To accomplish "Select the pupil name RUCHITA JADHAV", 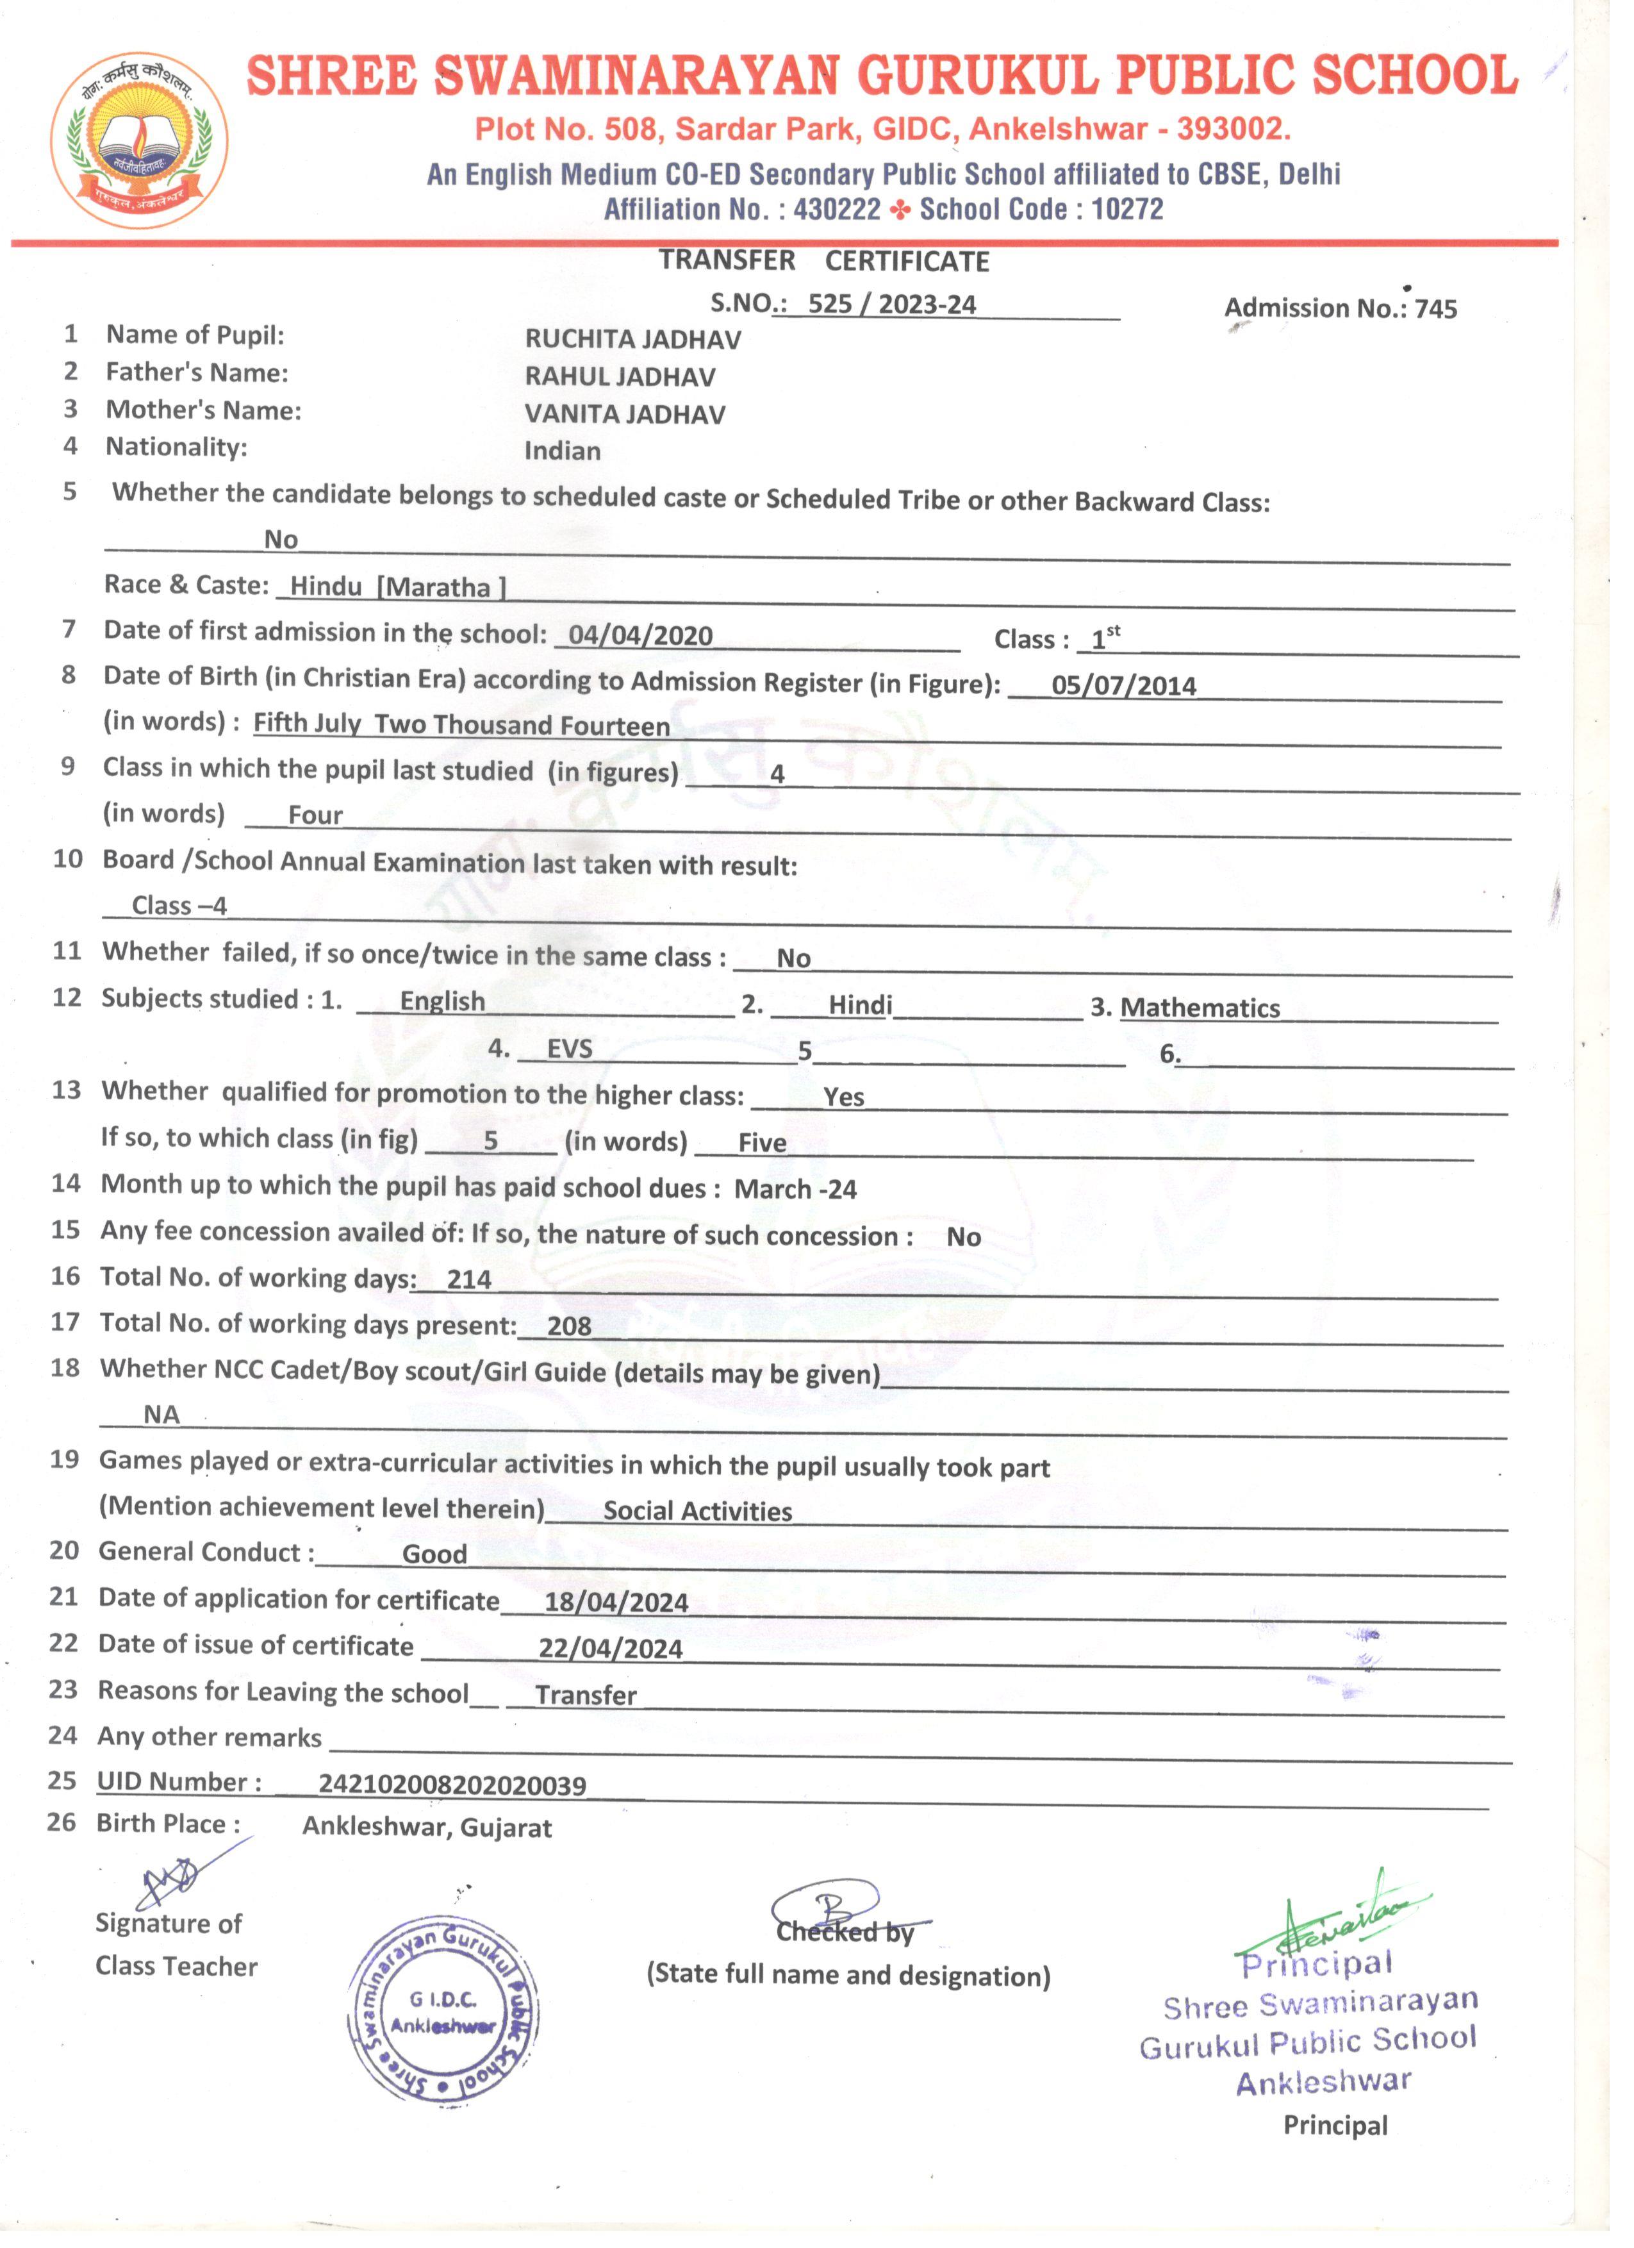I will click(x=632, y=340).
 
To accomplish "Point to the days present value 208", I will click(x=569, y=1326).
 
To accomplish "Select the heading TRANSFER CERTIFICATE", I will click(x=825, y=261).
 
